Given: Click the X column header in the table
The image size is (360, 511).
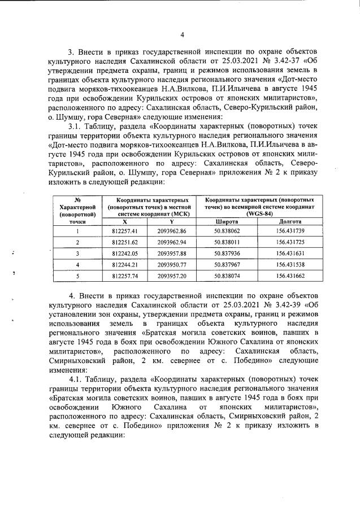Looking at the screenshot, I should click(x=124, y=222).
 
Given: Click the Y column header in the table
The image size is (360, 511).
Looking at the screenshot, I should click(x=171, y=222).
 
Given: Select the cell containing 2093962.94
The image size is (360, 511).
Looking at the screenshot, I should click(x=171, y=242).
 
